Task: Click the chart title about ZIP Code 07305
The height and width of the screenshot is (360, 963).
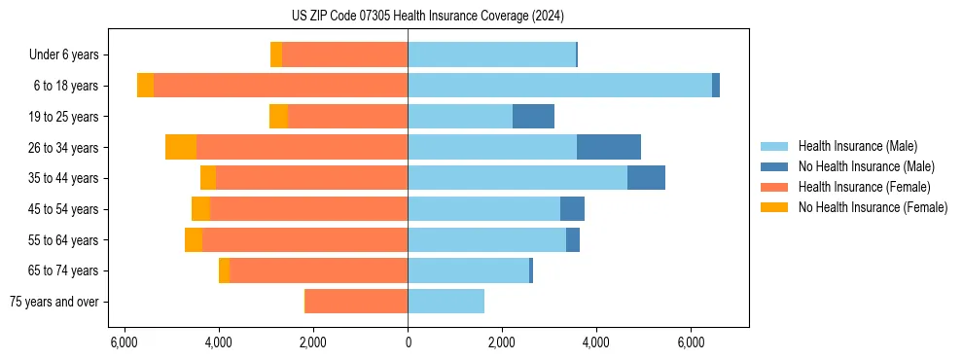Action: click(427, 16)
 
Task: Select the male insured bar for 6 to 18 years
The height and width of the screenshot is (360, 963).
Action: click(559, 86)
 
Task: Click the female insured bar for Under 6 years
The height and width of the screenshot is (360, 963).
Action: click(344, 54)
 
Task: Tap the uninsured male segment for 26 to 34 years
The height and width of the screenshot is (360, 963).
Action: click(609, 147)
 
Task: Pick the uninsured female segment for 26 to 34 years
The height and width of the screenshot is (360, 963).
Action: click(181, 147)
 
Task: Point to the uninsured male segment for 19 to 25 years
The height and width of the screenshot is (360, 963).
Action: click(533, 117)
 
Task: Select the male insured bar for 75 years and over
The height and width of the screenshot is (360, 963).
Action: click(446, 302)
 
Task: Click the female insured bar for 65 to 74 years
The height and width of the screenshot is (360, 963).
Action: click(318, 270)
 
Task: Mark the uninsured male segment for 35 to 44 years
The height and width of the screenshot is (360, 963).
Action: click(646, 178)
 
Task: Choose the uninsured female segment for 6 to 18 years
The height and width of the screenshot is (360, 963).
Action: click(145, 86)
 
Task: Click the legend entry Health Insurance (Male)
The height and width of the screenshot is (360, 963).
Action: click(857, 146)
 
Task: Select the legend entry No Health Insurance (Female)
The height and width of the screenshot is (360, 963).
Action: click(873, 207)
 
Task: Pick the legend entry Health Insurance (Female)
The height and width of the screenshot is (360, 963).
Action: click(864, 187)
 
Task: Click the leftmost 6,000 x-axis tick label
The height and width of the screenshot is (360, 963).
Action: click(125, 342)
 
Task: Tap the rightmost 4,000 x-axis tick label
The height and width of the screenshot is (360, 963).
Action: click(596, 342)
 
